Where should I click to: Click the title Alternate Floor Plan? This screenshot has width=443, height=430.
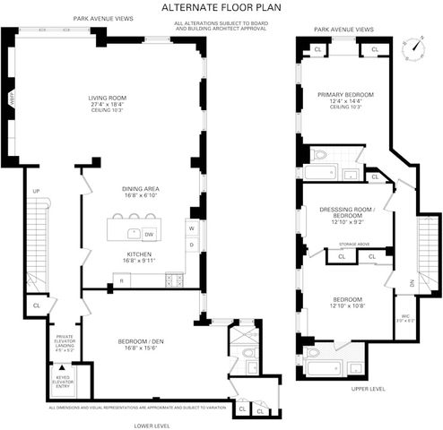pyautogui.click(x=221, y=6)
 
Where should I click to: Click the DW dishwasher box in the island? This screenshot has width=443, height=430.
pyautogui.click(x=149, y=234)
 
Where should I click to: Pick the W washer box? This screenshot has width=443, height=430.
pyautogui.click(x=191, y=228)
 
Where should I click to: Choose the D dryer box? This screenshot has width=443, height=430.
pyautogui.click(x=191, y=245)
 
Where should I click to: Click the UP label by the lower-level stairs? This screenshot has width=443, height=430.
pyautogui.click(x=36, y=192)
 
